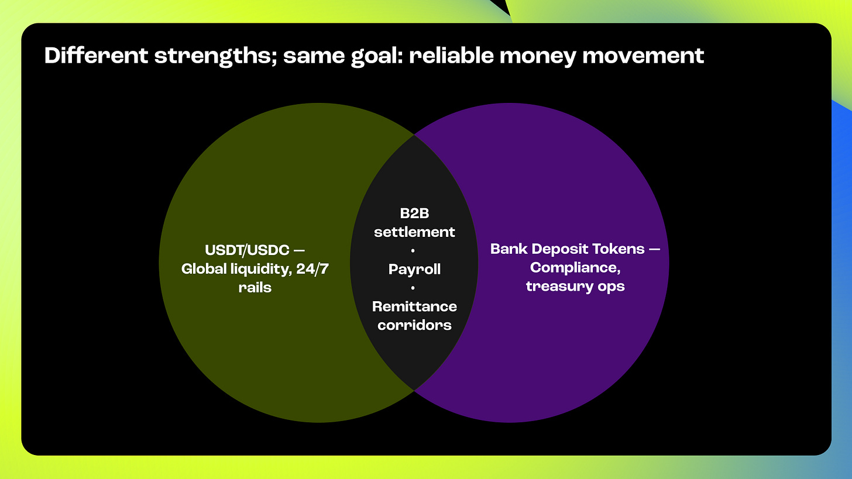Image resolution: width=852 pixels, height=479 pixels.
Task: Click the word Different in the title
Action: point(96,56)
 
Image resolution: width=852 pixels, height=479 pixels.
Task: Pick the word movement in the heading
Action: point(644,56)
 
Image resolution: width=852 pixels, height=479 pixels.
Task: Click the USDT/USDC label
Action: point(247,250)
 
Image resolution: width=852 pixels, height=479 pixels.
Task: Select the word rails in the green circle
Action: point(255,287)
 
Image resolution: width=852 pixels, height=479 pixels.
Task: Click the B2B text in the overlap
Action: point(414,213)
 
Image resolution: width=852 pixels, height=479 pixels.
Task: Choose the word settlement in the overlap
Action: point(414,232)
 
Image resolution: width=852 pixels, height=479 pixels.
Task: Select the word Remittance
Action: point(414,306)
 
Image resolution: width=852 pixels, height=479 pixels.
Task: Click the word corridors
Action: point(414,325)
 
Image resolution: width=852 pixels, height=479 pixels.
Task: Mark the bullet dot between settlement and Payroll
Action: point(413,251)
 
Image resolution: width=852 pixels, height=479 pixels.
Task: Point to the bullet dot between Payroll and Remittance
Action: point(413,288)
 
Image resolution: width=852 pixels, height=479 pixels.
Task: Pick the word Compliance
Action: point(575,268)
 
